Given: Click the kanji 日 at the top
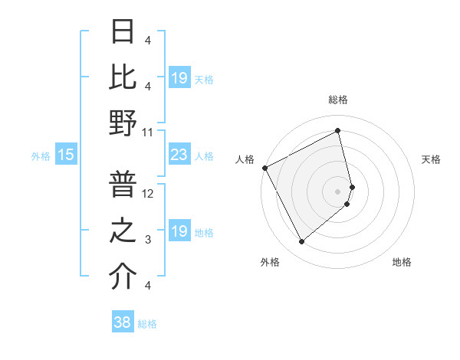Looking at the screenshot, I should [x=123, y=32].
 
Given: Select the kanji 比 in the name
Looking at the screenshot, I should [x=123, y=77].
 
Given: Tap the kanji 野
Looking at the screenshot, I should [x=123, y=123].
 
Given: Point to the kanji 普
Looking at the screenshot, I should [x=123, y=186].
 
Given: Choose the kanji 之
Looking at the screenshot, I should [x=123, y=232].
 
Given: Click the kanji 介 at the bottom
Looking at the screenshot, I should [x=123, y=277].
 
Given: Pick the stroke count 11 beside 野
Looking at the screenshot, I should [x=148, y=132].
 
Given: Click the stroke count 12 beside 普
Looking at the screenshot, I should [x=148, y=195].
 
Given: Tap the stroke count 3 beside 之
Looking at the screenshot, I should [x=148, y=241].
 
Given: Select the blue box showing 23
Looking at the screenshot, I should [x=179, y=155].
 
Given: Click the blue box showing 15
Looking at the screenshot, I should [x=66, y=155].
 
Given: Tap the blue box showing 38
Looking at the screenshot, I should [x=123, y=322].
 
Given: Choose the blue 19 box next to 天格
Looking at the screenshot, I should [x=179, y=78].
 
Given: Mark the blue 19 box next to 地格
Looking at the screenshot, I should [x=179, y=231].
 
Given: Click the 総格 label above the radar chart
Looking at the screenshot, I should [x=338, y=100].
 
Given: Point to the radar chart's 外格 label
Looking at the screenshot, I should [x=270, y=262].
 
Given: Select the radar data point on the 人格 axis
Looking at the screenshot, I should [x=264, y=167].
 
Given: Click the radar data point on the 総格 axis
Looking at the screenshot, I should [x=338, y=131].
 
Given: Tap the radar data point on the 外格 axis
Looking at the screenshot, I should [x=301, y=242].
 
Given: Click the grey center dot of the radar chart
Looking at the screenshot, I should [x=338, y=191].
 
